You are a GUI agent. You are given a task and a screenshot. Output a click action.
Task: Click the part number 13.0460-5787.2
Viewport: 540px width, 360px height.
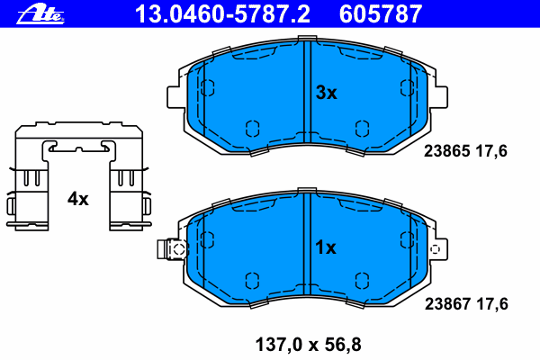pos(223,13)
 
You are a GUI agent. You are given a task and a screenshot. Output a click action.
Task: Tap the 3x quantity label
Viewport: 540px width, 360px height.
pos(325,93)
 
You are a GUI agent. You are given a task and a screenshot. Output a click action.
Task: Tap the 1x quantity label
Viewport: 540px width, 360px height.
pos(325,247)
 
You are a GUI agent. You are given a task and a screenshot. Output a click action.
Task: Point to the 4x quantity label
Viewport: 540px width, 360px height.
pos(78,199)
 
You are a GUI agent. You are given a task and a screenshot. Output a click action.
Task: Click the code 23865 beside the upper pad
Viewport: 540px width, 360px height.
pos(445,151)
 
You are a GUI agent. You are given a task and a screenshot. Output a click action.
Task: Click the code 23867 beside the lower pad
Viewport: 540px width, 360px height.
pos(445,304)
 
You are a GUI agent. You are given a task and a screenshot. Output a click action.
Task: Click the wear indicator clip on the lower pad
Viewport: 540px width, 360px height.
pos(172,249)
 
